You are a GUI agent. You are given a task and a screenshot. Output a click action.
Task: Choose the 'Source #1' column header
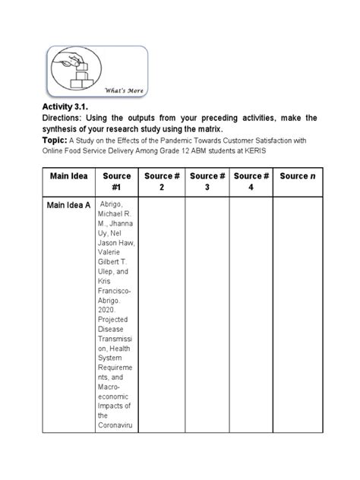[116, 182]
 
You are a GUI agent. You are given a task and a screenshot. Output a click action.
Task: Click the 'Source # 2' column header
[161, 182]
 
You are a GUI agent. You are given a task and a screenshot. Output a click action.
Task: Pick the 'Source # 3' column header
[206, 182]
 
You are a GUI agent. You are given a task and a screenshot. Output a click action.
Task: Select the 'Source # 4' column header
[251, 182]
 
